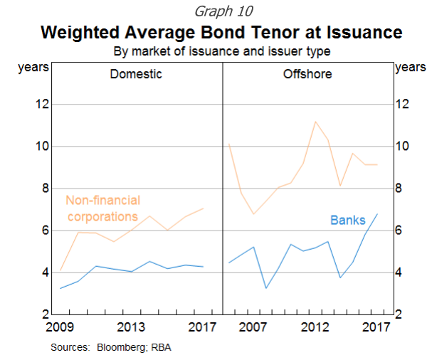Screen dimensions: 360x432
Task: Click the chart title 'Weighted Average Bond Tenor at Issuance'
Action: coord(221,33)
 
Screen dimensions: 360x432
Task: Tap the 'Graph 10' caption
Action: coord(221,11)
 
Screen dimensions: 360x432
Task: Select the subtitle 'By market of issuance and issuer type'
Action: coord(221,52)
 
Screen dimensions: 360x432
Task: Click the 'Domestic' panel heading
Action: coord(136,74)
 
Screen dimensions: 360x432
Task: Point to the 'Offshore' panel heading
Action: coord(307,74)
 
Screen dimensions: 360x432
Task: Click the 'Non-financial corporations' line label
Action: coord(102,208)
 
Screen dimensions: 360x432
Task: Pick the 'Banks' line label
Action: coord(347,221)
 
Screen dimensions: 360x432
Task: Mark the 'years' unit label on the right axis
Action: coord(410,68)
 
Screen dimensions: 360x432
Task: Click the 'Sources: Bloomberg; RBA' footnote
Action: coord(111,348)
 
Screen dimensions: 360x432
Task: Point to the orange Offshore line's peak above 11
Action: coord(315,122)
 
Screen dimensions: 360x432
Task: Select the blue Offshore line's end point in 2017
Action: coord(376,214)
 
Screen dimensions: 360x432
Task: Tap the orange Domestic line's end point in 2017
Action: coord(204,208)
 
